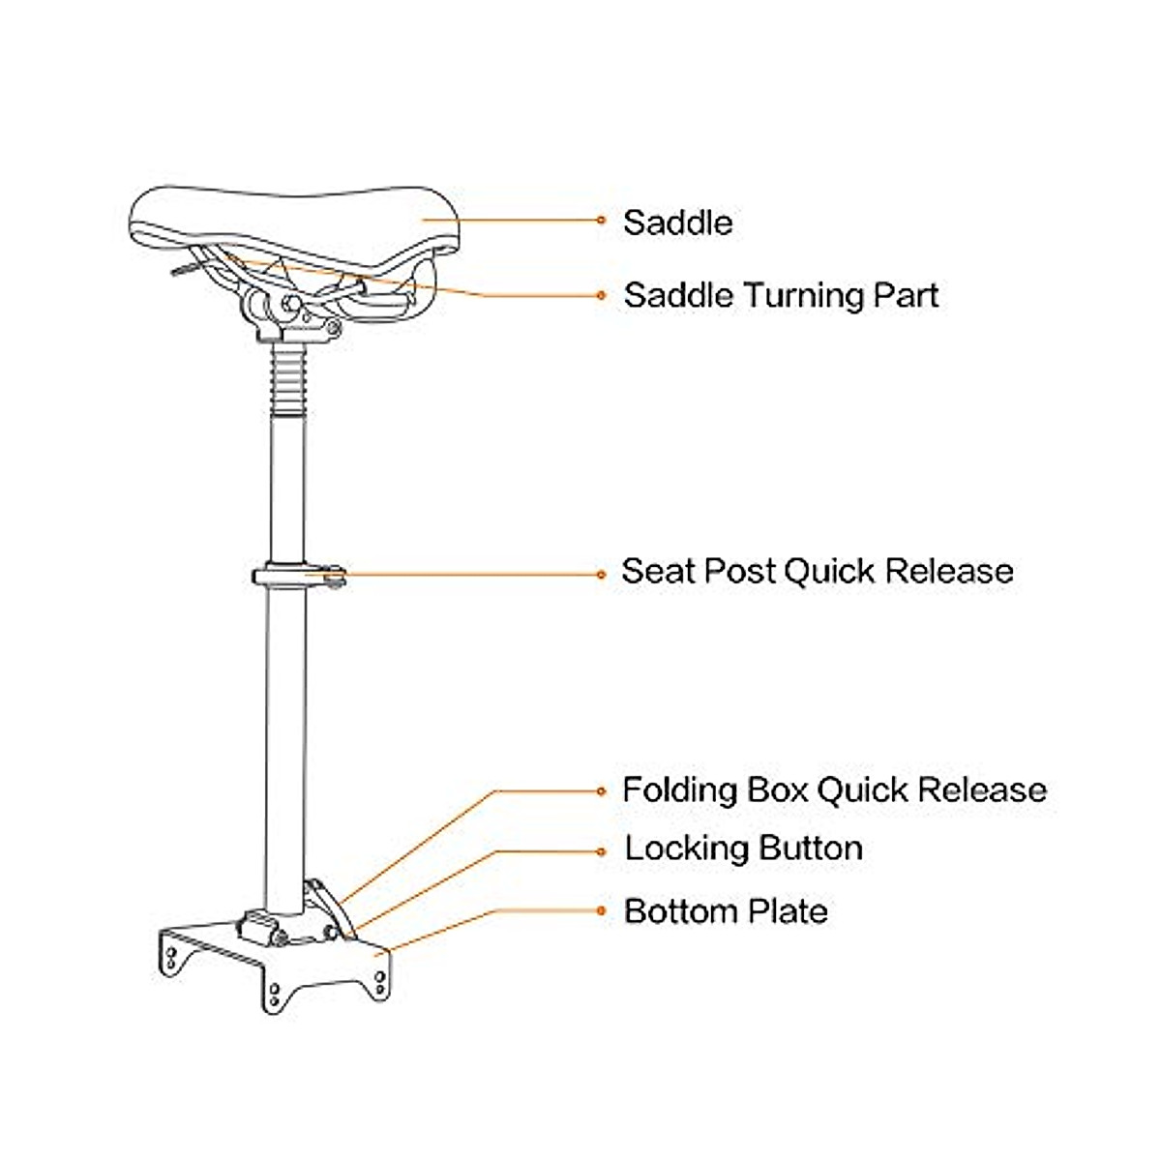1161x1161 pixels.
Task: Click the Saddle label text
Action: tap(677, 223)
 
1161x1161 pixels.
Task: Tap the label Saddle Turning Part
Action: tap(781, 295)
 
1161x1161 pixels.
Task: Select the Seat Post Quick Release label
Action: tap(817, 571)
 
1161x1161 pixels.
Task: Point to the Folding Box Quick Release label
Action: tap(834, 790)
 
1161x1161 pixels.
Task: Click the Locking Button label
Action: tap(743, 848)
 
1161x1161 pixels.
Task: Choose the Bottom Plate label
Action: tap(726, 911)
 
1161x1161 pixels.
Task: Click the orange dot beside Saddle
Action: tap(602, 221)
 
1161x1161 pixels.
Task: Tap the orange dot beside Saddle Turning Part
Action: tap(602, 295)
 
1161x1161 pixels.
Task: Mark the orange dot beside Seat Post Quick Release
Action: tap(602, 574)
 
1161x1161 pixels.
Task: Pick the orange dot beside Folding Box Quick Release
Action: tap(602, 791)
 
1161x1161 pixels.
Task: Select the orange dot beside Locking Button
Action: tap(602, 851)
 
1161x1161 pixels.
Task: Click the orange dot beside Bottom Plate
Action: tap(602, 910)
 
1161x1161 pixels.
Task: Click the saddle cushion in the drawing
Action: tap(290, 218)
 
